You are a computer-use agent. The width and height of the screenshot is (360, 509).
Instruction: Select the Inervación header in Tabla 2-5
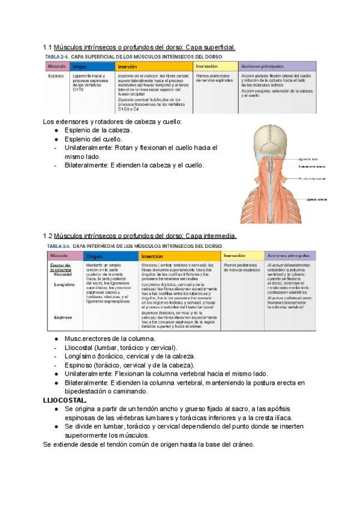(x=234, y=256)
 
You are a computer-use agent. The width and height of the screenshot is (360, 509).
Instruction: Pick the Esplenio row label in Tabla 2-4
(x=55, y=77)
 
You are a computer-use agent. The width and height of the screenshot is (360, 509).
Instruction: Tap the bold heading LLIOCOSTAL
(x=65, y=400)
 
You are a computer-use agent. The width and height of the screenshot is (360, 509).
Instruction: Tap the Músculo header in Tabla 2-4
(x=56, y=67)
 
